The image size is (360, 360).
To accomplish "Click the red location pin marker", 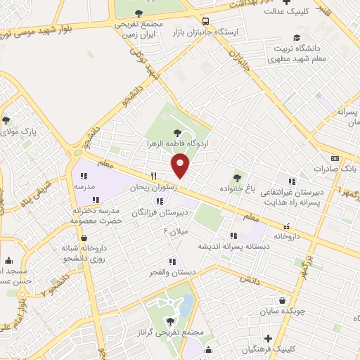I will (181, 165).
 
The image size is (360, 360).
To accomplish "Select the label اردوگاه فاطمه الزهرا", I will (178, 141).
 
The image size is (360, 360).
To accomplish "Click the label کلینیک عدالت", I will (288, 11).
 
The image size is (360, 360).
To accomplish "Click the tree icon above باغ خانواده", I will (237, 178).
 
